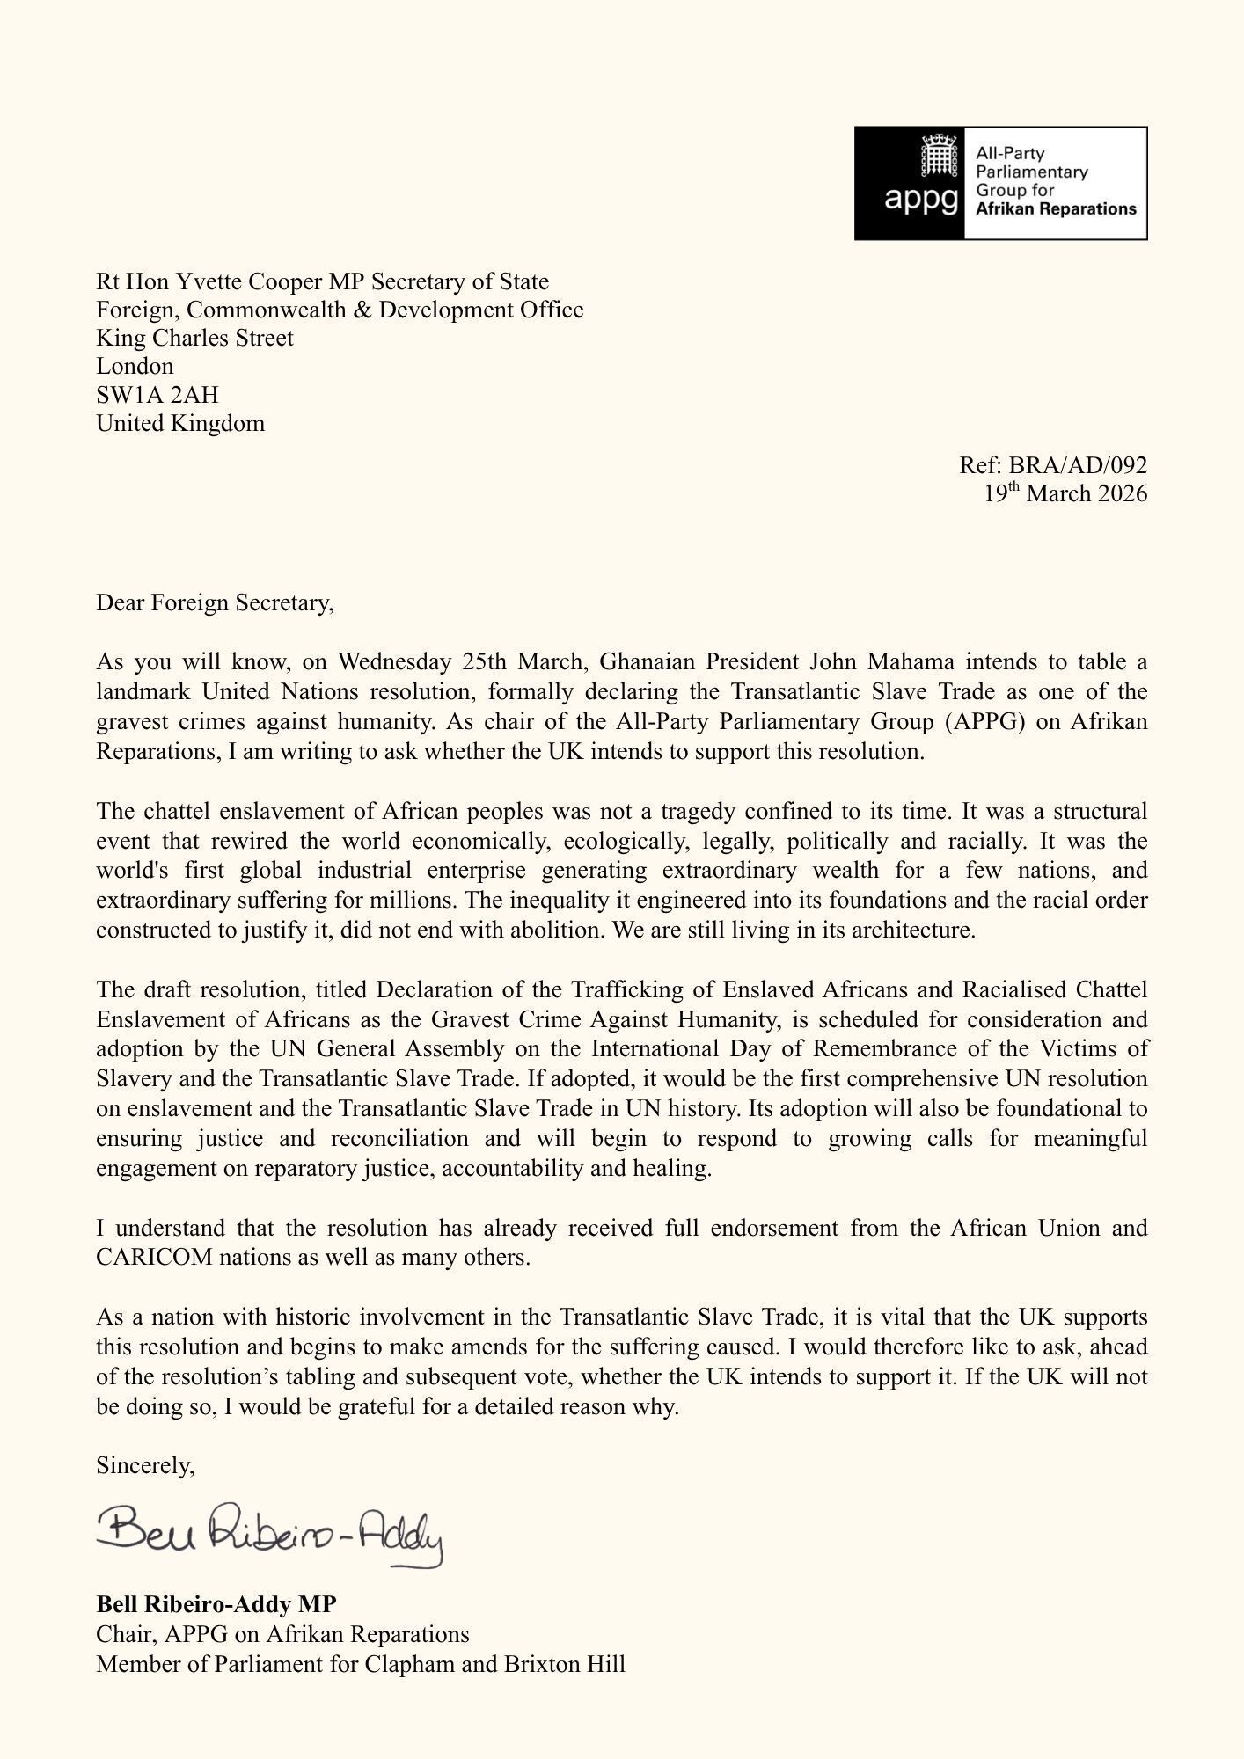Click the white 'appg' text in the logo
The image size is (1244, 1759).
click(921, 200)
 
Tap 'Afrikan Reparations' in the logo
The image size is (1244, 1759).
click(1056, 209)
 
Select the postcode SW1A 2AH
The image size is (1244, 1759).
click(157, 394)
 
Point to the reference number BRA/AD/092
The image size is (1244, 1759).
click(1078, 464)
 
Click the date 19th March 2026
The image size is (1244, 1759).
click(1065, 493)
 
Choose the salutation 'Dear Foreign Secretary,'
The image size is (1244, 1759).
click(216, 602)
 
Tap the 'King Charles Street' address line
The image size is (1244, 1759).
click(194, 338)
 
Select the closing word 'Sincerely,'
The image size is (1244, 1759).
click(145, 1465)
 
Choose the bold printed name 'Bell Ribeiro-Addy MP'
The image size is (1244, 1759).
click(216, 1604)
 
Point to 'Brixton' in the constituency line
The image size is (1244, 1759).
click(545, 1664)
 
